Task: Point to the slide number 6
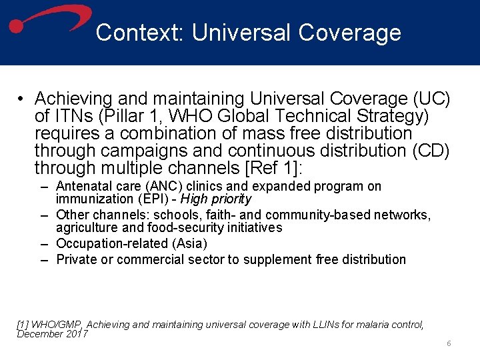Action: pyautogui.click(x=449, y=343)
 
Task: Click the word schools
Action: pyautogui.click(x=181, y=215)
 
